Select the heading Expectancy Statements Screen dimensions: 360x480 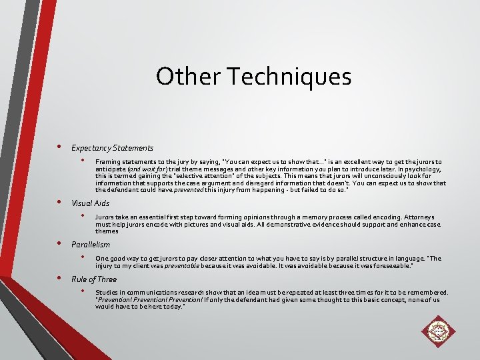coord(112,148)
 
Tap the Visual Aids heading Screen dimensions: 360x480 coord(90,203)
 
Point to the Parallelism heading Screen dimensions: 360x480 coord(90,245)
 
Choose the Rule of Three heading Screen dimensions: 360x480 coord(93,279)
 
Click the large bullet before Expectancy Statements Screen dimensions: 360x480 coord(59,147)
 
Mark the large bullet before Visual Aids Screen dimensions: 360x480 coord(59,202)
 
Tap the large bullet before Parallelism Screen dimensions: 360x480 coord(59,243)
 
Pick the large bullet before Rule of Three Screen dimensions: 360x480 coord(59,278)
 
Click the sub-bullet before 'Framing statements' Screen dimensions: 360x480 coord(83,161)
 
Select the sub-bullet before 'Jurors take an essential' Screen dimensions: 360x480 coord(83,216)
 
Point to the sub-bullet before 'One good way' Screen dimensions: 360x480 coord(83,257)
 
